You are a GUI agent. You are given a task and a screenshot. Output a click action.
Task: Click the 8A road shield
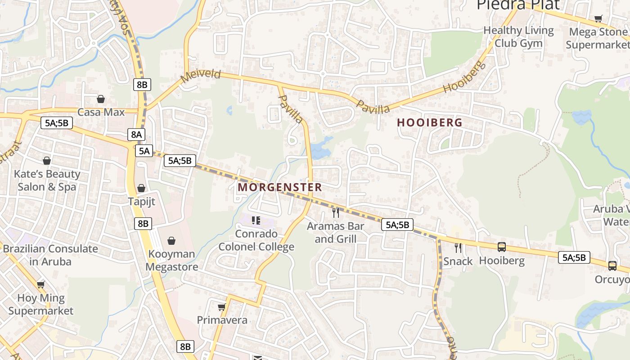coord(136,134)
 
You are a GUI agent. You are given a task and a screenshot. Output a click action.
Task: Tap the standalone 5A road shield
coord(144,151)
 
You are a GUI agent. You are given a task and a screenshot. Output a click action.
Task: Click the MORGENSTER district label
coord(279,187)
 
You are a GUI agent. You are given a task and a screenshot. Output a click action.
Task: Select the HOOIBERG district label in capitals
coord(430,122)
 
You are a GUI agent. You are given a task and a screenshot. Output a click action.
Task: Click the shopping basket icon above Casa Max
coord(101,99)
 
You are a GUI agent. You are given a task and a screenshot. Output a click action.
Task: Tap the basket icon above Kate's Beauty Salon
coord(47,161)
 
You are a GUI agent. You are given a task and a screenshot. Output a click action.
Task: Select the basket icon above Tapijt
coord(141,188)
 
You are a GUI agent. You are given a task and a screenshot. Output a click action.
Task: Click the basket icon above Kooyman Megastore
coord(171,241)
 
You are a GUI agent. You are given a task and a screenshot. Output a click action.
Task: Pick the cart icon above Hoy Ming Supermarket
coord(40,284)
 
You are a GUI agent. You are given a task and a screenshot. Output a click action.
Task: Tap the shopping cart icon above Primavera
coord(221,307)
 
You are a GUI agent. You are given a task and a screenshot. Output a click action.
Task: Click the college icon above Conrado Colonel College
coord(256,220)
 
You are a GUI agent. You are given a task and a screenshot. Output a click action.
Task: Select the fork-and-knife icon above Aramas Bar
coord(335,212)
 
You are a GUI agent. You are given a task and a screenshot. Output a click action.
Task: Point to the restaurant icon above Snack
coord(458,247)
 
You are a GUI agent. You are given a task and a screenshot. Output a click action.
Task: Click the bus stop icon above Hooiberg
coord(501,247)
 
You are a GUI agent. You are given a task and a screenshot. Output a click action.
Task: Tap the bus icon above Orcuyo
coord(612,265)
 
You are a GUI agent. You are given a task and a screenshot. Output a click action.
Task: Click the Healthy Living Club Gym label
coord(518,37)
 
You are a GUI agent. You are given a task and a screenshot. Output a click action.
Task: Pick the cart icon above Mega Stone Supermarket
coord(598,18)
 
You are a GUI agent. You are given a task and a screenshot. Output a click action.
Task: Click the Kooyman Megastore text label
coord(171,260)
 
